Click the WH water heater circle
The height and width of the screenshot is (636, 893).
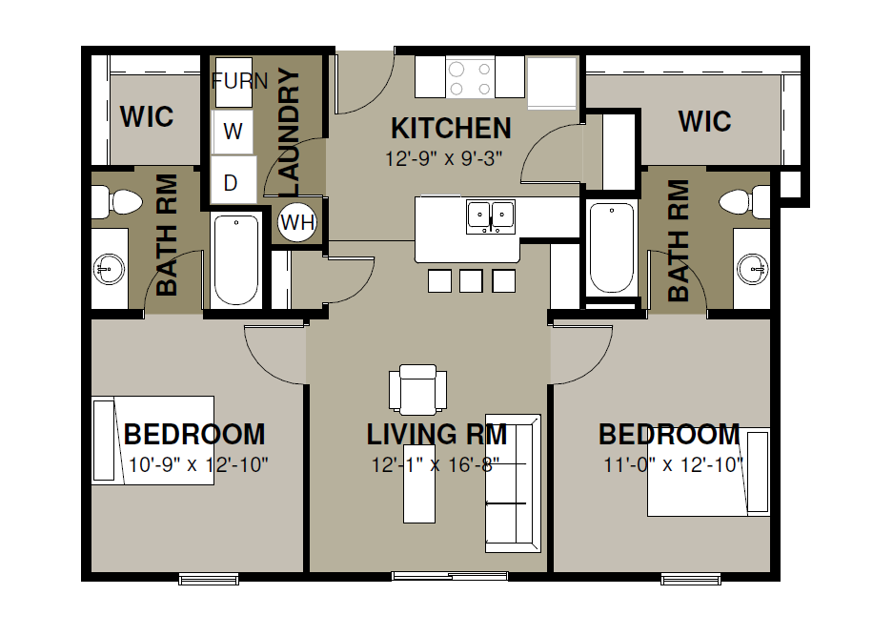pos(296,221)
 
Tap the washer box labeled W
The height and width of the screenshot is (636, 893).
pos(233,132)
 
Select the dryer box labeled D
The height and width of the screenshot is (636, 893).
pos(233,179)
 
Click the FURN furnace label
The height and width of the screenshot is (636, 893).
pos(239,81)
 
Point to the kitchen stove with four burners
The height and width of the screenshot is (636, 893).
pos(471,77)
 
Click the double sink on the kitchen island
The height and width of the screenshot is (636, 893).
pos(491,216)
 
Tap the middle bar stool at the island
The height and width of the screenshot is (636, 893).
pos(471,281)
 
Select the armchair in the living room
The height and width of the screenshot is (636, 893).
pos(418,390)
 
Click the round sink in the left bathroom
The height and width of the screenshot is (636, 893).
pos(110,268)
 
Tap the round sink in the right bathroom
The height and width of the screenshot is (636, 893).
pos(752,268)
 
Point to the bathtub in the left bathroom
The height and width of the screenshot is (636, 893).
pos(236,260)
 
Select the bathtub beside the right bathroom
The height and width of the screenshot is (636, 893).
pos(612,249)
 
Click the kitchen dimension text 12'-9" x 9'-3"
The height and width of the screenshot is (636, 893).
pos(444,158)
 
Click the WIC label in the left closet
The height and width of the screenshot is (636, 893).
pos(147,117)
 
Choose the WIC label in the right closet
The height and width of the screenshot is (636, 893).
pos(704,121)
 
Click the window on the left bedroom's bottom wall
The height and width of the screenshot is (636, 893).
pos(209,579)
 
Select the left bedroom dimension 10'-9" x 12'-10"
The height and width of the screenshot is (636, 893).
pos(198,465)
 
